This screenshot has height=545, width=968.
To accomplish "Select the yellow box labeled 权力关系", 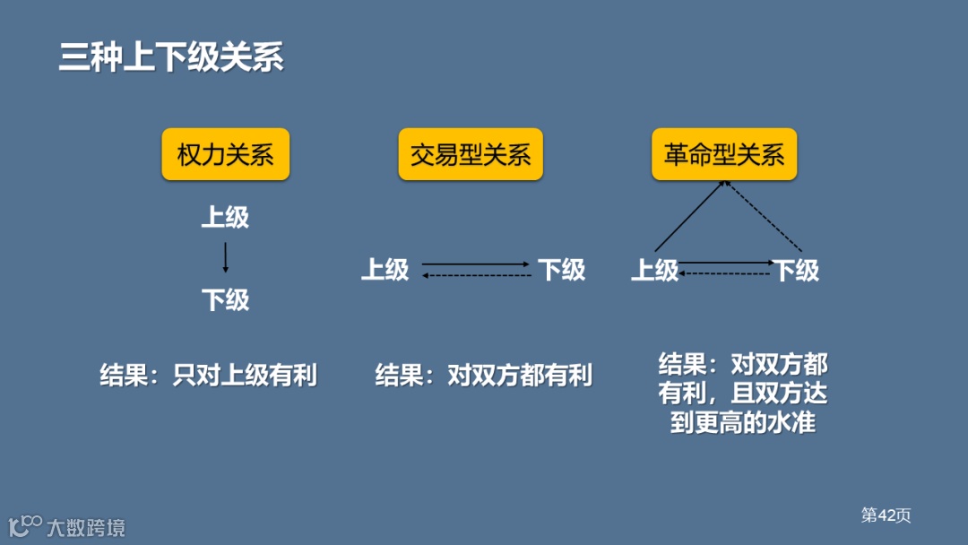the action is (x=225, y=154).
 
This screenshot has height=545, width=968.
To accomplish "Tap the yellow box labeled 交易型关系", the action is (x=471, y=154).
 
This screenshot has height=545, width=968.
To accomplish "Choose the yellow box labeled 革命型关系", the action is (x=724, y=154).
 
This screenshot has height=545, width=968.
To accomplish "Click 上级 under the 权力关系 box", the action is (x=225, y=217).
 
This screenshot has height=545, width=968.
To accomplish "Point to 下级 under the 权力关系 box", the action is (x=225, y=299).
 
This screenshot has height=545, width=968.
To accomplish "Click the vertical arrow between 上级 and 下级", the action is (x=225, y=258).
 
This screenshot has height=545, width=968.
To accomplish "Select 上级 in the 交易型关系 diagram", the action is (x=385, y=269).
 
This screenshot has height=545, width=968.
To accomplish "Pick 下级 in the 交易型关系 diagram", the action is (x=561, y=269).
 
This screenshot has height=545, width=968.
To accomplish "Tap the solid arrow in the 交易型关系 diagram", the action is (x=475, y=264).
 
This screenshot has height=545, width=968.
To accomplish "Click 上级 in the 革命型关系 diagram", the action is (x=655, y=270).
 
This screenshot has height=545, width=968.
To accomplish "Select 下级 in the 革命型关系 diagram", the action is (x=796, y=270).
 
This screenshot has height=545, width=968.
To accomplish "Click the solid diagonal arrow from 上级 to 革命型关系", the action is (x=688, y=216).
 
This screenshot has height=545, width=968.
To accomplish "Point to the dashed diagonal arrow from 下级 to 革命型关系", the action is (x=764, y=216).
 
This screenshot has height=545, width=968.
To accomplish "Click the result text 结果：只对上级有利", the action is (x=208, y=375).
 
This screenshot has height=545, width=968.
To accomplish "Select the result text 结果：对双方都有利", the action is (x=483, y=375).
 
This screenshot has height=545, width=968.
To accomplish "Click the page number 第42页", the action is (x=886, y=515).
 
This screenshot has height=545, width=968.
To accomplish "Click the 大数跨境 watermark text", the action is (x=86, y=527).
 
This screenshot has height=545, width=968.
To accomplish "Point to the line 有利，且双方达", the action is (x=743, y=393).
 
